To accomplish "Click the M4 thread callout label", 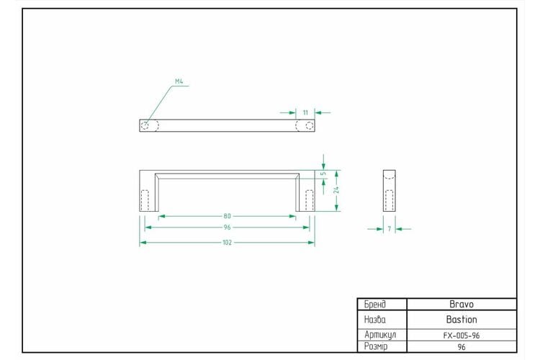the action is point(179,81).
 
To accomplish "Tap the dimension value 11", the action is point(305,112).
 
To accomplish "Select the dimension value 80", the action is point(227,216).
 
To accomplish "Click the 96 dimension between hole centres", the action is point(227,228).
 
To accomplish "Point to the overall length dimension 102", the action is point(227,243).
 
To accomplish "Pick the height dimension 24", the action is point(336,190).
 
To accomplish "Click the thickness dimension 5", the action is point(323,174).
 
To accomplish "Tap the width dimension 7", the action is point(389,229).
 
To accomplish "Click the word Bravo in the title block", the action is point(462,304).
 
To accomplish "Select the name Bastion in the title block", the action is point(462,320).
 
